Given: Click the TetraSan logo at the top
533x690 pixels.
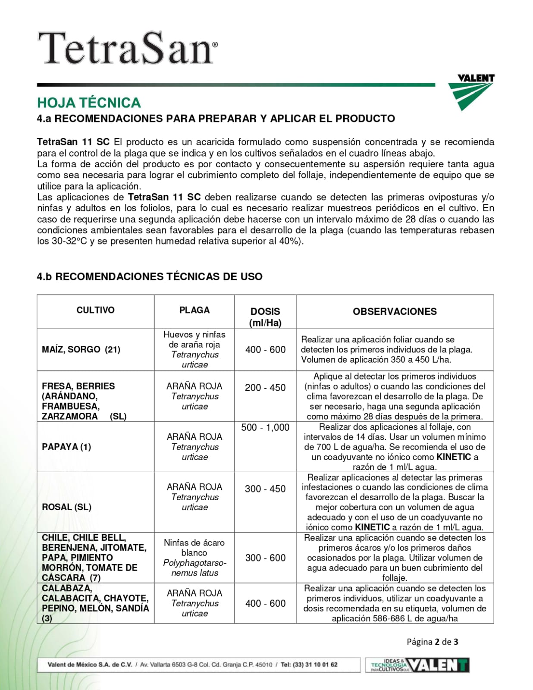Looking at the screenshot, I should (128, 48).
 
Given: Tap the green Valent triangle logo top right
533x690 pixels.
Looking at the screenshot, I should (470, 92).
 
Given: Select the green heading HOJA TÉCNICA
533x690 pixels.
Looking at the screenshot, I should (89, 103).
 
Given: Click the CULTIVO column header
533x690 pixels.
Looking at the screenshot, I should (95, 310).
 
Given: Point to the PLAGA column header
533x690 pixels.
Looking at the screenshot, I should (194, 310).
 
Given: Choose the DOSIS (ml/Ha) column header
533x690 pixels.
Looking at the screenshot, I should (265, 317).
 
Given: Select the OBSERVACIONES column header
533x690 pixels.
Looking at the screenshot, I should (395, 311).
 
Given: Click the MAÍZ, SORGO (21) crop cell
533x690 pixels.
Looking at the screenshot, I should (81, 349).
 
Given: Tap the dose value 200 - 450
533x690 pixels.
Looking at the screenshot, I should (265, 388).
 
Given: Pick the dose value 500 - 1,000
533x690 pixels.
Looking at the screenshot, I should (265, 427).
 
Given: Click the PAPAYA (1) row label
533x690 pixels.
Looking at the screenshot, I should (66, 447).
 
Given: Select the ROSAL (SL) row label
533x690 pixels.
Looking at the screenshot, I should (66, 507).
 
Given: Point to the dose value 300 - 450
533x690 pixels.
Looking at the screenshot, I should (265, 489).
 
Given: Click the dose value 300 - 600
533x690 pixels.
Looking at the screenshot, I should (265, 558).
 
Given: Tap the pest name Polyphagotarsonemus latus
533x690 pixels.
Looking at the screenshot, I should (194, 568).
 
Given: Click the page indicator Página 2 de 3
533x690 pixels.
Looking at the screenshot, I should (432, 642).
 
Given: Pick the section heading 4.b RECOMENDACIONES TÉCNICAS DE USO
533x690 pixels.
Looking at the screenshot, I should (150, 276).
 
